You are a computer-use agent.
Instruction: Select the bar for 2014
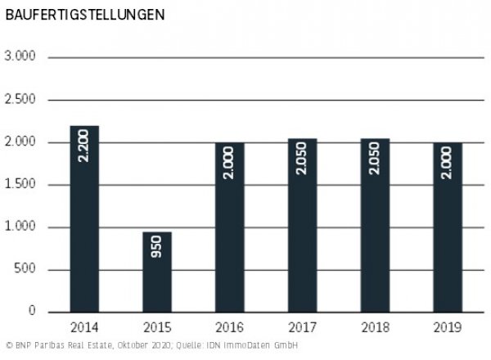pyautogui.click(x=84, y=219)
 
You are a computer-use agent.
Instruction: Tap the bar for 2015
pyautogui.click(x=157, y=272)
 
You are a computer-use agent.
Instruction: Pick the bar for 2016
pyautogui.click(x=230, y=227)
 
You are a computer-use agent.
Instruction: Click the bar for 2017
pyautogui.click(x=302, y=226)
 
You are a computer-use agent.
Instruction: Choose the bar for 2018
pyautogui.click(x=375, y=226)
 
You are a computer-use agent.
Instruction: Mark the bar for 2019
pyautogui.click(x=447, y=227)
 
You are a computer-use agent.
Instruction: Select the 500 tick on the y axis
pyautogui.click(x=28, y=270)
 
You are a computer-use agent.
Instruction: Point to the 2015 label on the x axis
pyautogui.click(x=157, y=327)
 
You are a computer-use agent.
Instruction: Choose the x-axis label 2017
pyautogui.click(x=302, y=327)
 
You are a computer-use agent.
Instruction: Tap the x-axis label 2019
pyautogui.click(x=447, y=327)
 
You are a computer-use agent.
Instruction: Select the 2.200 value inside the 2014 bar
pyautogui.click(x=84, y=145)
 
